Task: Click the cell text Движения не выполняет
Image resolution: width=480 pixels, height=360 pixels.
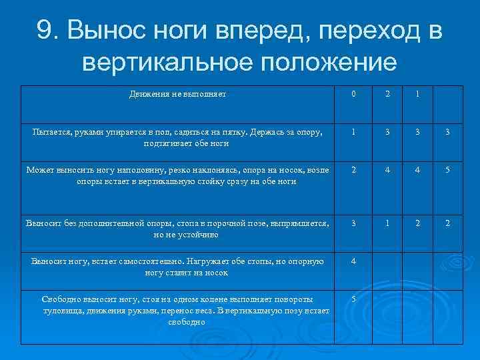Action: click(x=177, y=95)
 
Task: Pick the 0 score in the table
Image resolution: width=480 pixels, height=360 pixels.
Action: click(x=353, y=95)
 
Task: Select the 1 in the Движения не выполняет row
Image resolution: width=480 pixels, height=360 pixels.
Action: click(x=417, y=95)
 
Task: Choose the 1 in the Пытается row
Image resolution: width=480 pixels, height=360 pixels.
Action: click(x=353, y=133)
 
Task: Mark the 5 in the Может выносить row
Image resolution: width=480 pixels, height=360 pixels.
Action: click(x=448, y=171)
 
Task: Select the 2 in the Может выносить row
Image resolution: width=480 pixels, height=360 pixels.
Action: click(x=353, y=171)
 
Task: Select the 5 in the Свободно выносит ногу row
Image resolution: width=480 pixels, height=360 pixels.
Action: click(x=353, y=298)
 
